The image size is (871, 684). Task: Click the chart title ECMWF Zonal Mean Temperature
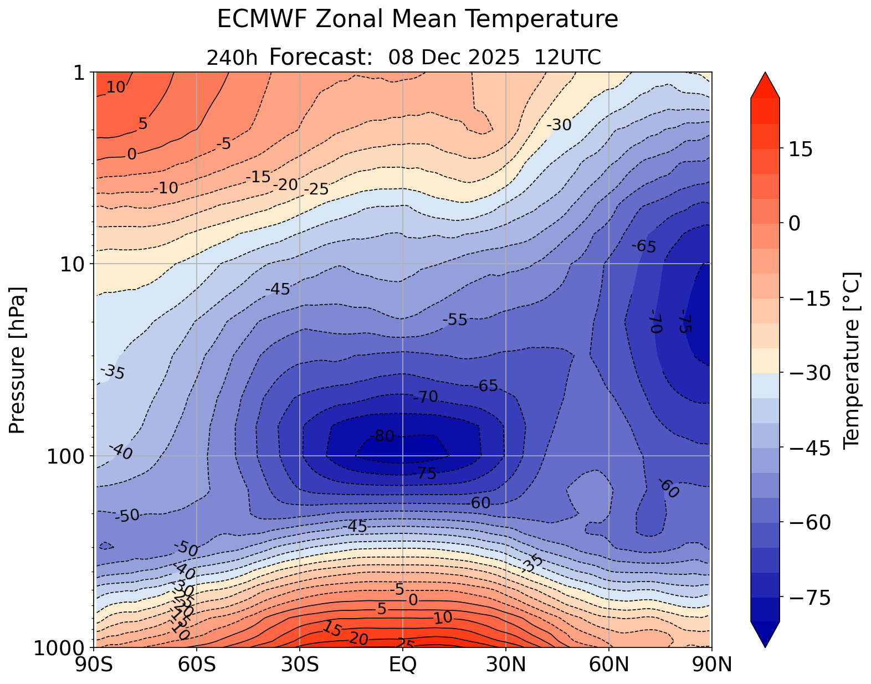point(417,19)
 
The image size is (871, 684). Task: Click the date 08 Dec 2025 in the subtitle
point(454,58)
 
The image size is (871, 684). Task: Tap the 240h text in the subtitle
point(232,58)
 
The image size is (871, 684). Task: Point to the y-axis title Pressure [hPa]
point(18,360)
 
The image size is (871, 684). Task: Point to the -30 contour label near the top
point(559,126)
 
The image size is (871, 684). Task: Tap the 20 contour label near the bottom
point(358,639)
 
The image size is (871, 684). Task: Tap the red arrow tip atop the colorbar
point(765,83)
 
